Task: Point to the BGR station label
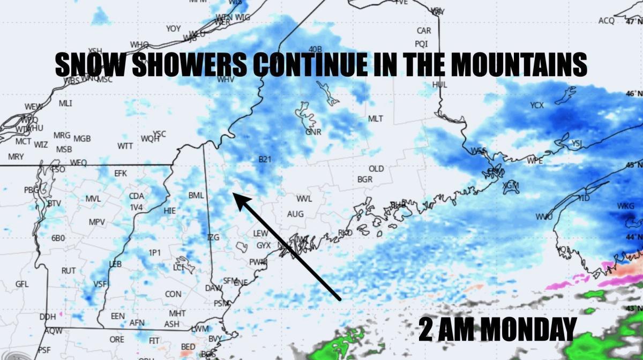click(364, 179)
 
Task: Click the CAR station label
click(423, 31)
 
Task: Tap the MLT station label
click(375, 118)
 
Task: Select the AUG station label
click(295, 214)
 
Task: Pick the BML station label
click(196, 196)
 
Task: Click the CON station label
click(173, 294)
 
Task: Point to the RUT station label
click(68, 271)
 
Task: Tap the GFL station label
click(22, 284)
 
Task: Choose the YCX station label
click(537, 106)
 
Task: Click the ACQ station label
click(606, 20)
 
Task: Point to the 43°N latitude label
click(633, 309)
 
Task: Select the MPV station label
click(96, 222)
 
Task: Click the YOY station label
click(173, 28)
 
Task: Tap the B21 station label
click(265, 159)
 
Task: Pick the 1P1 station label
click(154, 252)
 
